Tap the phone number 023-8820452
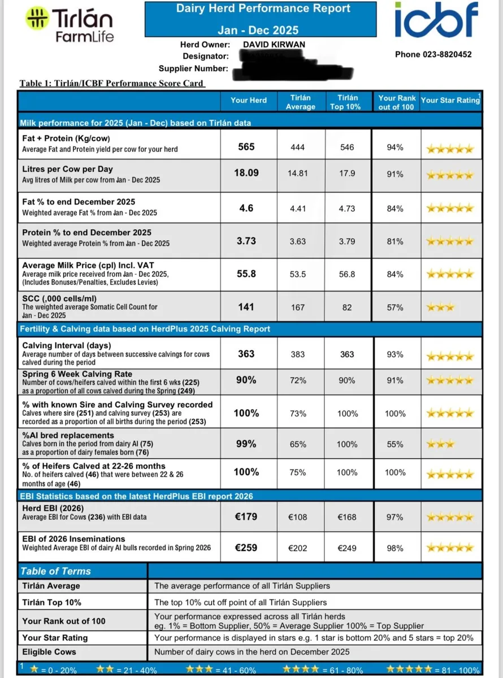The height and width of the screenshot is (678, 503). pyautogui.click(x=433, y=55)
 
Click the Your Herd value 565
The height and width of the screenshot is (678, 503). pyautogui.click(x=246, y=147)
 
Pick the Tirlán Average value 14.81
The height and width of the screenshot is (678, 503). pyautogui.click(x=297, y=173)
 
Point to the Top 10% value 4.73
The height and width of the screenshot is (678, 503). pyautogui.click(x=347, y=208)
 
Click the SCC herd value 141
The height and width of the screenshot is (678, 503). pyautogui.click(x=246, y=307)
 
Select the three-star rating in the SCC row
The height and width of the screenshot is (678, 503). pyautogui.click(x=440, y=308)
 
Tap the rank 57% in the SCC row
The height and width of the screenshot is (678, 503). pyautogui.click(x=395, y=308)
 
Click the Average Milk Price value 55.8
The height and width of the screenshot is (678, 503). pyautogui.click(x=246, y=274)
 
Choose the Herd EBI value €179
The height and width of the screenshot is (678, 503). pyautogui.click(x=246, y=517)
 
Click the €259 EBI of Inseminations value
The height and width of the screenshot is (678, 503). pyautogui.click(x=246, y=548)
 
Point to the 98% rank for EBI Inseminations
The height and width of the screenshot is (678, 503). pyautogui.click(x=395, y=548)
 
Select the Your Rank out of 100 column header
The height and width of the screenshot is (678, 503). pyautogui.click(x=397, y=102)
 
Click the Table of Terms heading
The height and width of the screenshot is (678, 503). pyautogui.click(x=55, y=571)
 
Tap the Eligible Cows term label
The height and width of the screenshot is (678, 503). pyautogui.click(x=49, y=651)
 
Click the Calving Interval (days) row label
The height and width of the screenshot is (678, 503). pyautogui.click(x=67, y=346)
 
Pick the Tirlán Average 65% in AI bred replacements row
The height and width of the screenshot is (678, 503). pyautogui.click(x=297, y=445)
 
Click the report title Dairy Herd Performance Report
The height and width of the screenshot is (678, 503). pyautogui.click(x=263, y=8)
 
